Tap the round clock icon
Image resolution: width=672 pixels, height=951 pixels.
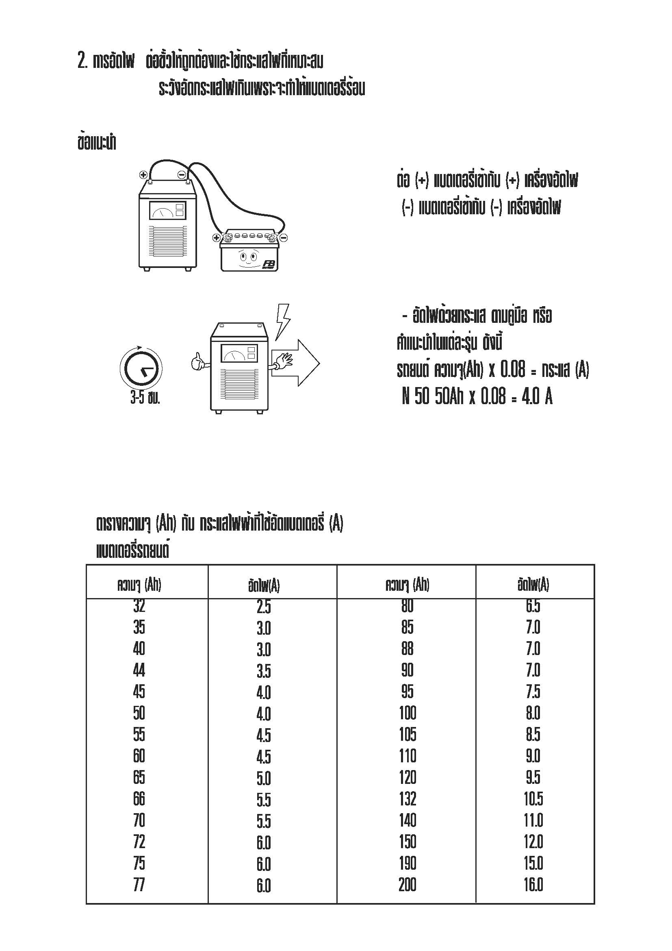pyautogui.click(x=141, y=368)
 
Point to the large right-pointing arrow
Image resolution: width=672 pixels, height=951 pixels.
pyautogui.click(x=296, y=363)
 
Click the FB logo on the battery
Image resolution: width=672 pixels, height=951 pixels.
pyautogui.click(x=269, y=264)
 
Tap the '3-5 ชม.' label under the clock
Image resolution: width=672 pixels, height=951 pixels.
pyautogui.click(x=145, y=398)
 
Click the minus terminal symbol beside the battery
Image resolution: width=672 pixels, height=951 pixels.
pyautogui.click(x=284, y=238)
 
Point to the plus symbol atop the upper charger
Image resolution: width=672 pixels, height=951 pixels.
pyautogui.click(x=143, y=174)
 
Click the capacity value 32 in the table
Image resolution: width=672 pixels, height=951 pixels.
pyautogui.click(x=139, y=606)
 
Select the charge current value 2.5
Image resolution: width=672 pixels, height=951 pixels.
pyautogui.click(x=264, y=607)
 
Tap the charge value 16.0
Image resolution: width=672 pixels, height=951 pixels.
pyautogui.click(x=533, y=885)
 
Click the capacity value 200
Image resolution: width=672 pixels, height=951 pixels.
pyautogui.click(x=408, y=885)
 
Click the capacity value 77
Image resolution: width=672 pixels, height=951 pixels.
pyautogui.click(x=139, y=885)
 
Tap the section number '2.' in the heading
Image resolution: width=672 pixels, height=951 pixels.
pyautogui.click(x=82, y=61)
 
